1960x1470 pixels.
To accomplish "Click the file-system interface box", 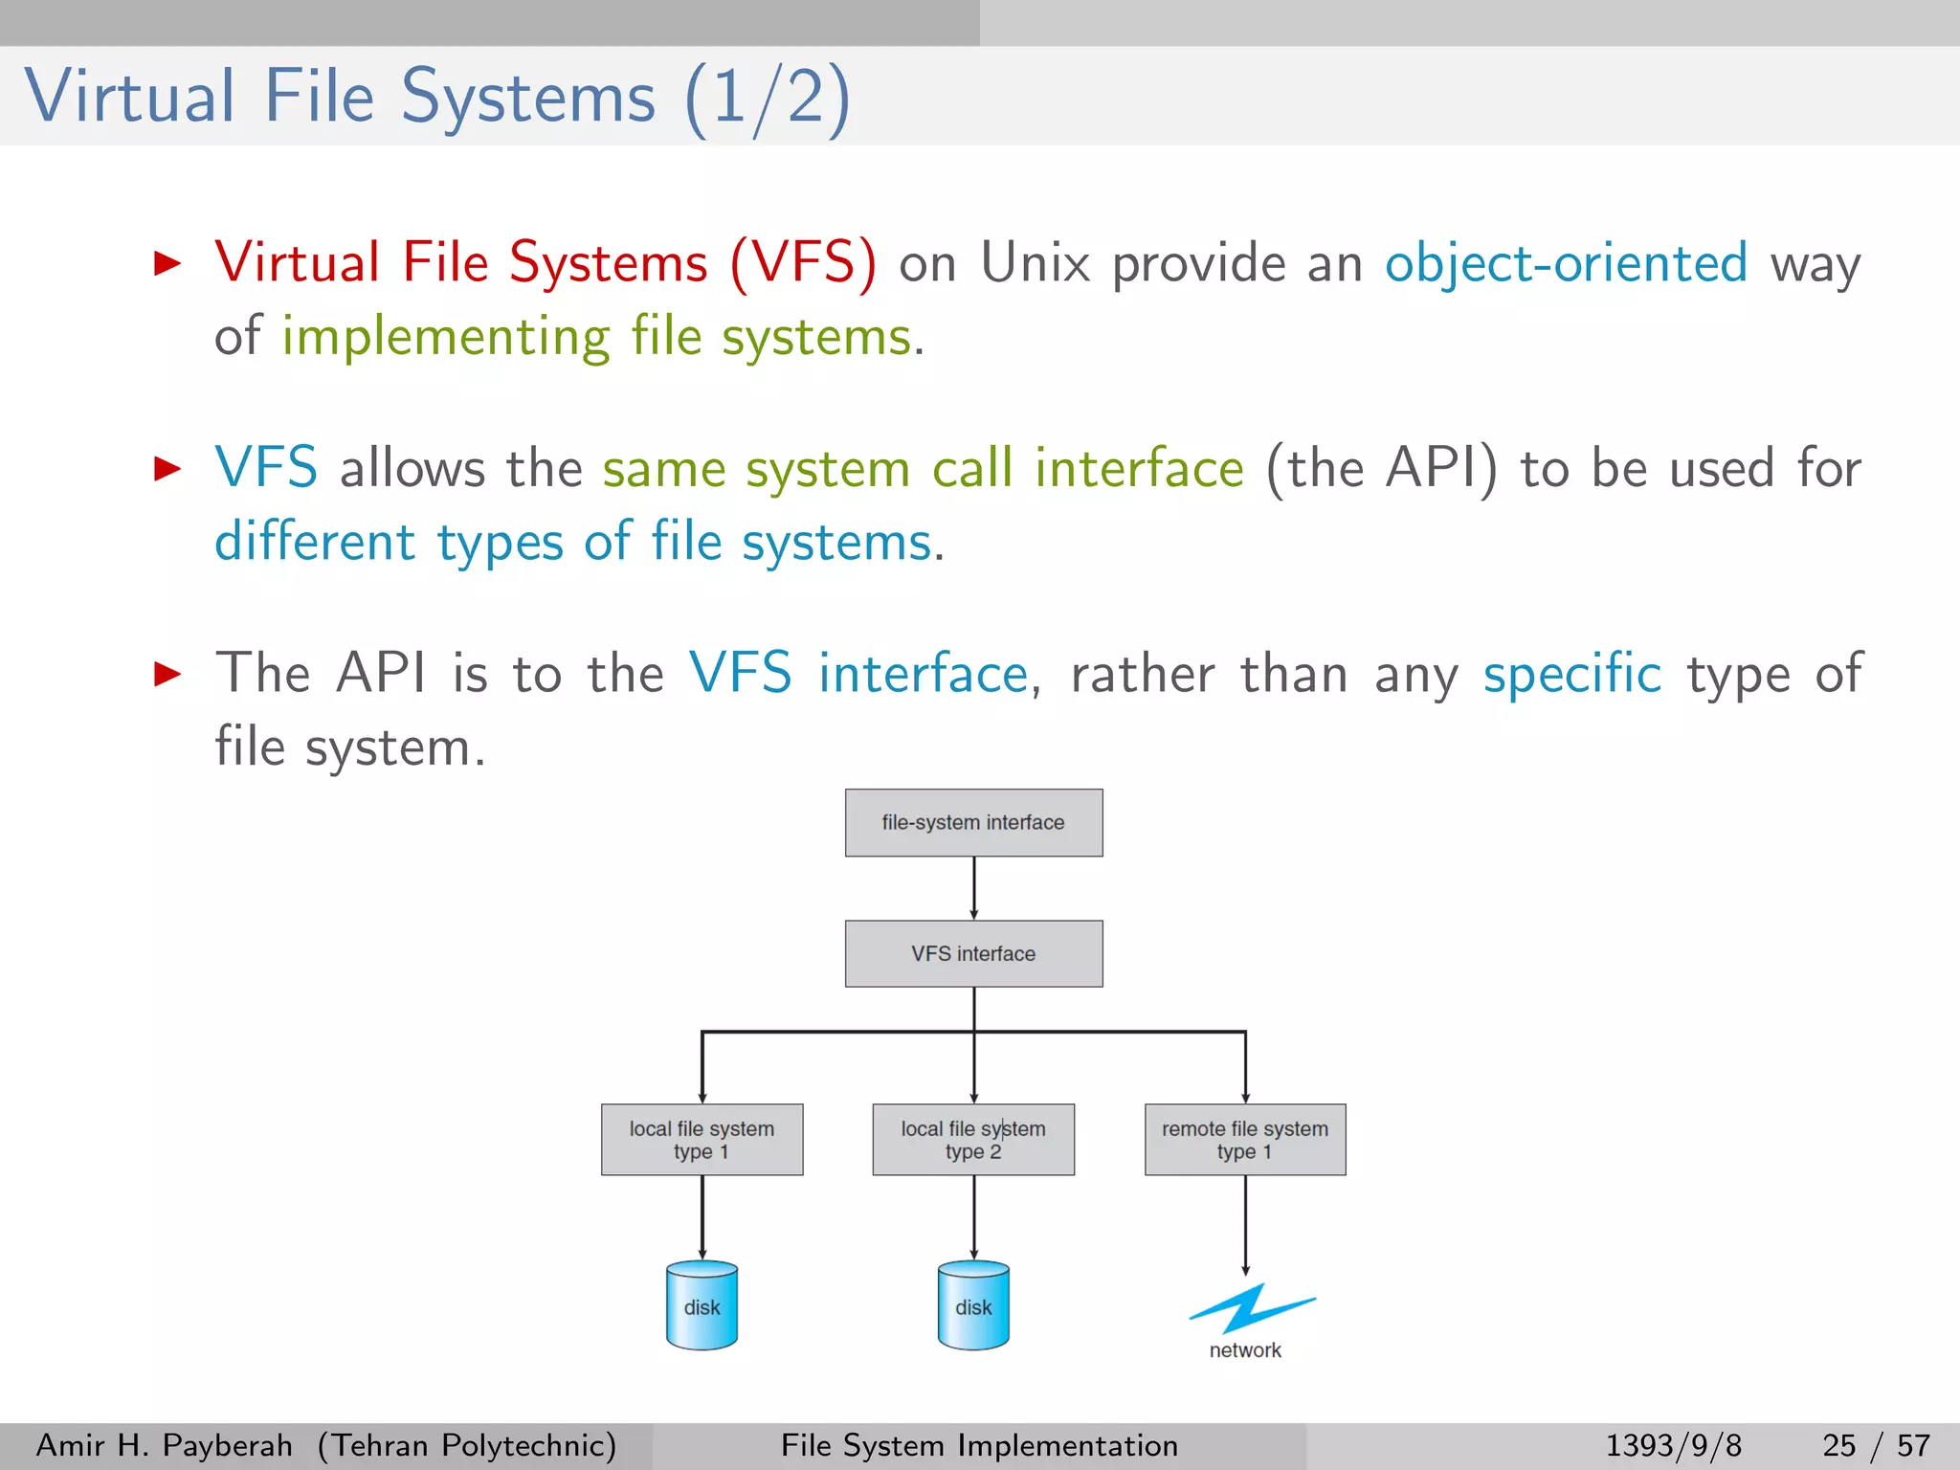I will pos(973,822).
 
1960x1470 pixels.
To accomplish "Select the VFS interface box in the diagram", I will pos(973,953).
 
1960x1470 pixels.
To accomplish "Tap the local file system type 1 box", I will pos(702,1139).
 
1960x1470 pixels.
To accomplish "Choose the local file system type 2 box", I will pos(973,1139).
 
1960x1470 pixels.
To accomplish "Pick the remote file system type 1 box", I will pos(1245,1139).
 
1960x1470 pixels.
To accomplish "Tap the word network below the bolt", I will pos(1245,1350).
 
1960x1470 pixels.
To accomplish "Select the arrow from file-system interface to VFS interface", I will pos(974,888).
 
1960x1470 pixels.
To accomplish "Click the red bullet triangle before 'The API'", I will pos(167,674).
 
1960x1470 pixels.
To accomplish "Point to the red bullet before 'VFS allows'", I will pos(167,468).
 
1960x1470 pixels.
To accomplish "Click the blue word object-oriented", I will pos(1566,263).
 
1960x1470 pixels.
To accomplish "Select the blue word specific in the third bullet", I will pos(1571,674).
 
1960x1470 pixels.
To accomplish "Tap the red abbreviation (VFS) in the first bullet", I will pos(803,263).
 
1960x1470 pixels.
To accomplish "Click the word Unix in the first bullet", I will pos(1036,263).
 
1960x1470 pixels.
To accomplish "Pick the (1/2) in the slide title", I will pos(767,98).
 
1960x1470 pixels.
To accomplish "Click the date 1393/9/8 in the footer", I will pos(1673,1445).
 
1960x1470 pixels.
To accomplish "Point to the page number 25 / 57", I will pos(1876,1445).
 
